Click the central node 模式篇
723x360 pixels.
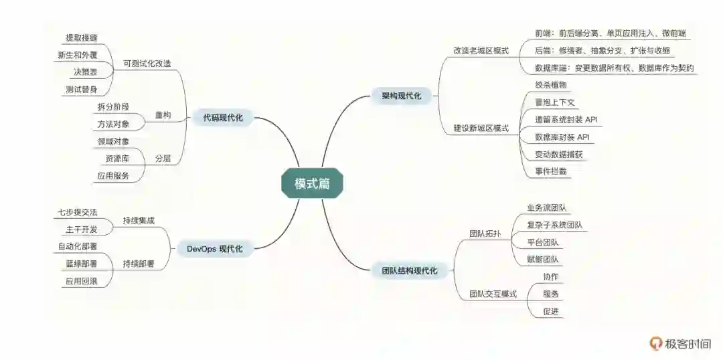[313, 183]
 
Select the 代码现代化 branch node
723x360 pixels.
[223, 118]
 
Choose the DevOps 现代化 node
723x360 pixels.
[214, 249]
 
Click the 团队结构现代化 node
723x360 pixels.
[409, 271]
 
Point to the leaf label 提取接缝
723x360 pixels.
[81, 38]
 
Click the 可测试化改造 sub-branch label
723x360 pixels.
[147, 64]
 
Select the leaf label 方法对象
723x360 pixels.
[113, 124]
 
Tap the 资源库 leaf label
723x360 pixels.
[117, 159]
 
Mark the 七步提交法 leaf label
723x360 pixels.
[77, 212]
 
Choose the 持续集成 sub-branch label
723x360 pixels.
[139, 220]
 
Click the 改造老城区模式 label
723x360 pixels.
[481, 50]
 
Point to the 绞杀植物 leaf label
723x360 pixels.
[551, 85]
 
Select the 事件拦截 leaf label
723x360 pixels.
[551, 171]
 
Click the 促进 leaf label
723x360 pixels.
[551, 311]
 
